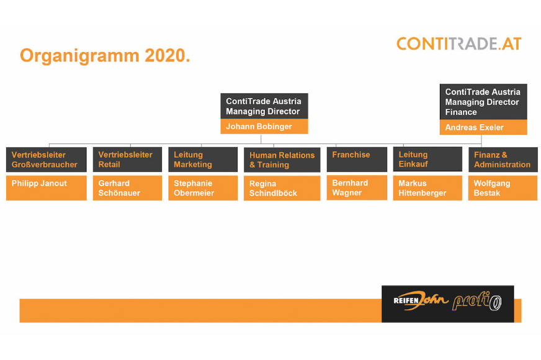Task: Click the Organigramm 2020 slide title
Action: [x=105, y=55]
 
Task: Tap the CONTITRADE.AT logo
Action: [x=459, y=44]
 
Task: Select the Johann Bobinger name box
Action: [x=264, y=127]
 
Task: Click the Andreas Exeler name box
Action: [x=483, y=127]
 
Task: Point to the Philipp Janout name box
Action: [x=47, y=188]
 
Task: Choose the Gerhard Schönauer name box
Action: [x=127, y=188]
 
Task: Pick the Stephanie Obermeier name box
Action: [x=203, y=188]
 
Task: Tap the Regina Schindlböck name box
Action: [x=282, y=188]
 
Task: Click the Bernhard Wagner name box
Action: [x=357, y=187]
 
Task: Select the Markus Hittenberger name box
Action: [x=427, y=188]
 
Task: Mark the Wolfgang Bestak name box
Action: [x=503, y=188]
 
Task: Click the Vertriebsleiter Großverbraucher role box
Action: [x=47, y=160]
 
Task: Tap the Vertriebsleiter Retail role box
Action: [x=127, y=160]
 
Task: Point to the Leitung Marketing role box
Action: [x=203, y=160]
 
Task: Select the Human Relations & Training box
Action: [x=282, y=160]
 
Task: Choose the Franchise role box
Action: [x=357, y=160]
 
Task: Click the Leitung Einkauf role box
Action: [x=427, y=159]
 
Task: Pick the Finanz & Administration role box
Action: [x=503, y=160]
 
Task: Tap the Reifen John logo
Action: [x=421, y=300]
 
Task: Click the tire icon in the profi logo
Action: [x=496, y=303]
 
